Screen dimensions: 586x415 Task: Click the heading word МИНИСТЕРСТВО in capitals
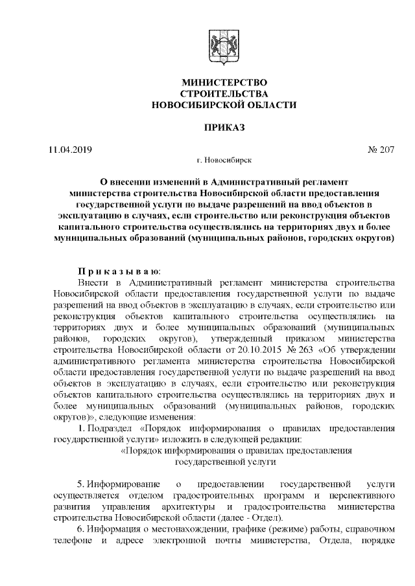224,82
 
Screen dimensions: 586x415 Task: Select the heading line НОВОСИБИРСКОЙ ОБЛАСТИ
224,104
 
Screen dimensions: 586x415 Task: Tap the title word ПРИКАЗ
224,127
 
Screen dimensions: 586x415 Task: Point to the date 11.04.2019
71,150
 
